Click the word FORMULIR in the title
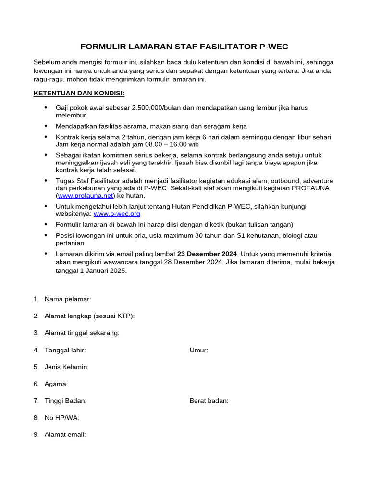pyautogui.click(x=102, y=47)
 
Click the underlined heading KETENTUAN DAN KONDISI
pyautogui.click(x=79, y=93)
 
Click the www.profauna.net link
pyautogui.click(x=86, y=196)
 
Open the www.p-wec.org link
pyautogui.click(x=117, y=214)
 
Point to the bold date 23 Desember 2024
pyautogui.click(x=207, y=254)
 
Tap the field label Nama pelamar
pyautogui.click(x=68, y=299)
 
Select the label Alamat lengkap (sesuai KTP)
pyautogui.click(x=89, y=316)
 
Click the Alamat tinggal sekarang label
pyautogui.click(x=82, y=333)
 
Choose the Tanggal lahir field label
pyautogui.click(x=65, y=350)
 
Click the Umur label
pyautogui.click(x=199, y=350)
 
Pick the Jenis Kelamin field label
pyautogui.click(x=66, y=367)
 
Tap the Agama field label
pyautogui.click(x=56, y=384)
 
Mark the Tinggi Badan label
pyautogui.click(x=65, y=401)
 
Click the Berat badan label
pyautogui.click(x=209, y=401)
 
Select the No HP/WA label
pyautogui.click(x=62, y=418)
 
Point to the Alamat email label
pyautogui.click(x=65, y=434)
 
